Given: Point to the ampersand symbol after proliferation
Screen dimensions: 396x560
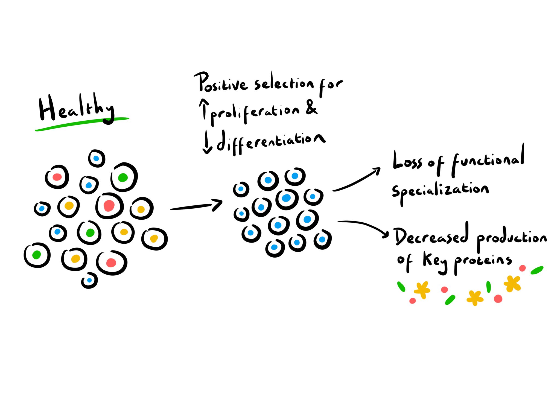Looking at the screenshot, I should [311, 108].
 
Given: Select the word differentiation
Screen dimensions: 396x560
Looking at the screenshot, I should [271, 142].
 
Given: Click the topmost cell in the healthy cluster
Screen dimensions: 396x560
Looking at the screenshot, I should [97, 158].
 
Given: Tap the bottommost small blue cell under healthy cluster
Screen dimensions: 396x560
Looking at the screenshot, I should [89, 280].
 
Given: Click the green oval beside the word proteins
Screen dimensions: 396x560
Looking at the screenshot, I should [537, 270].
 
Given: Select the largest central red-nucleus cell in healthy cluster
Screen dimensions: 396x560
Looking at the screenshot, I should [109, 206].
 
